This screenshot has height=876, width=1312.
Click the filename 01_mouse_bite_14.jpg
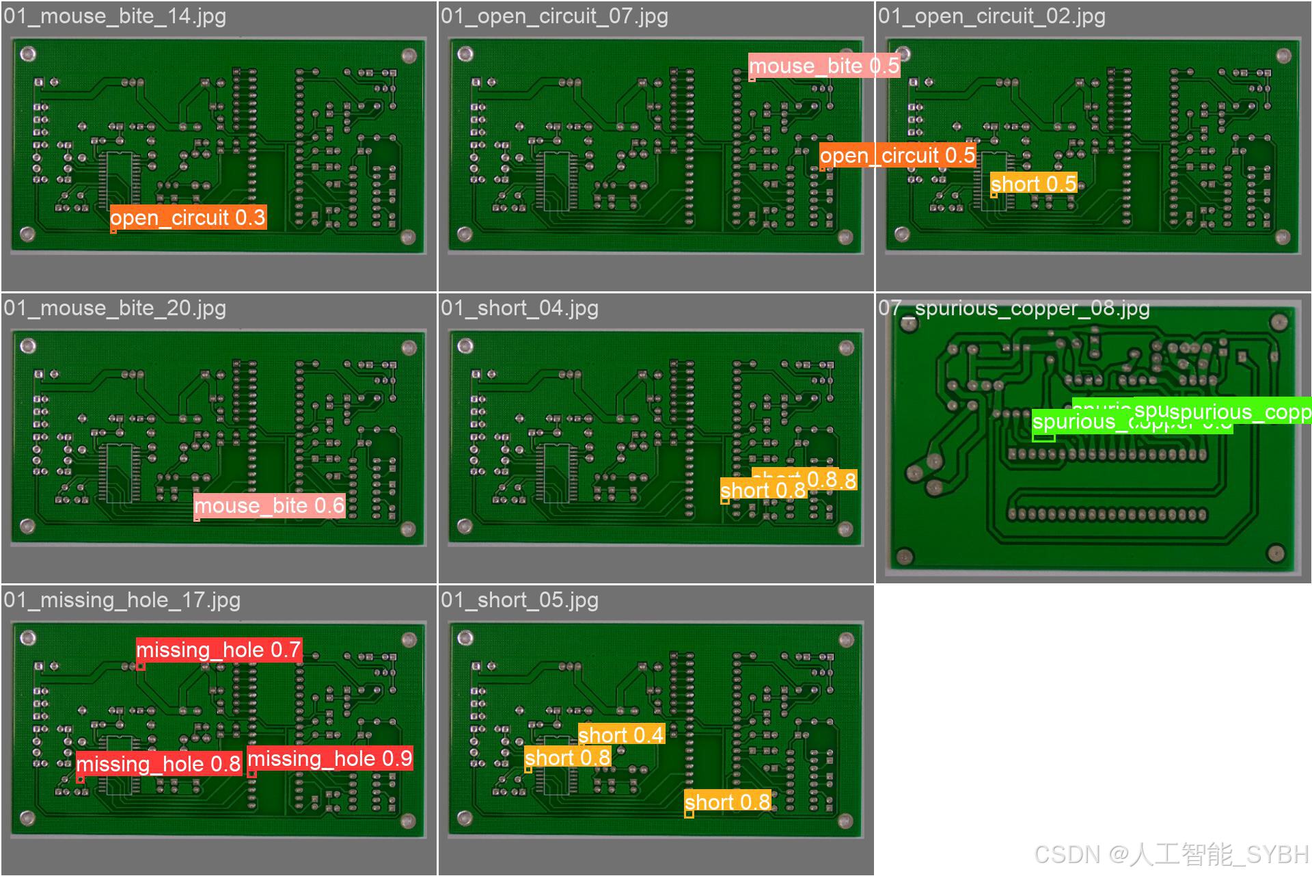(x=115, y=16)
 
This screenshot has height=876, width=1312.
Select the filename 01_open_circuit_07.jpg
(x=554, y=16)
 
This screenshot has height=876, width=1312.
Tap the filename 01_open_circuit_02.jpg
(x=992, y=16)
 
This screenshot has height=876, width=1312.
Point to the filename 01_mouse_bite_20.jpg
(x=115, y=308)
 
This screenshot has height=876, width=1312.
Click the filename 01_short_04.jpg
(x=519, y=308)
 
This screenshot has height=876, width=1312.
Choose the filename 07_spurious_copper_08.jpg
(x=1014, y=308)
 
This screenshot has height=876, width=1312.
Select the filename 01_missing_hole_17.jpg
(x=122, y=600)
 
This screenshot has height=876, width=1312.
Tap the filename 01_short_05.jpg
(x=519, y=600)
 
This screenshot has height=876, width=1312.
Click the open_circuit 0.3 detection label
(x=188, y=217)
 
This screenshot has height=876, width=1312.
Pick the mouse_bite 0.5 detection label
(x=824, y=66)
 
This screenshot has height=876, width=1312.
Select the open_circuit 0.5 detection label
(x=897, y=156)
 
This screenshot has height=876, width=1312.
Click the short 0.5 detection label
(x=1033, y=183)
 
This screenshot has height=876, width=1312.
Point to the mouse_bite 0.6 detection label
(x=269, y=506)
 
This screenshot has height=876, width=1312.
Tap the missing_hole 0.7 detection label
(x=219, y=650)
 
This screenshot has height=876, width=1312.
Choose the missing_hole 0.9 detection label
(x=329, y=758)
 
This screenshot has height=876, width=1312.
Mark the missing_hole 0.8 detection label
(x=158, y=764)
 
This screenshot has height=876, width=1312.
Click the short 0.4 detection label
(x=621, y=734)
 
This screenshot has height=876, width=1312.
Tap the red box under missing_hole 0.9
(x=251, y=773)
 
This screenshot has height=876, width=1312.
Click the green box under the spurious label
(x=1043, y=438)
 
